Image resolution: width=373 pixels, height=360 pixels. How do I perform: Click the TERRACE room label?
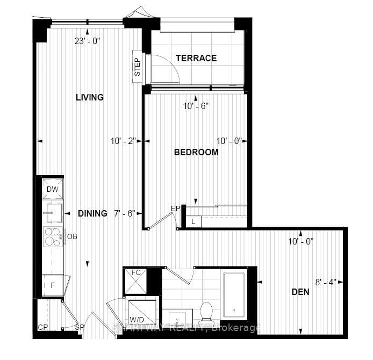coord(196,58)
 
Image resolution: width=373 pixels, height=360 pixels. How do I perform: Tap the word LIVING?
coord(89,97)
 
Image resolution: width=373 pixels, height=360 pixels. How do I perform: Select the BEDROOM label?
coord(196,152)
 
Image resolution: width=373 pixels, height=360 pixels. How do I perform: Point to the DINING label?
coord(92,213)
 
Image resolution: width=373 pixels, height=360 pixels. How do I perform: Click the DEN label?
coord(300,292)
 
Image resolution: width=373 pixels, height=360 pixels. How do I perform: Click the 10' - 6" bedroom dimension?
coord(196,106)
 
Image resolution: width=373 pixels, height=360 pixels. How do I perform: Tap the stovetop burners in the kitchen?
coord(53,236)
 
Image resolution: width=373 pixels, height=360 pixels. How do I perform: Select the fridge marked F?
coord(53,285)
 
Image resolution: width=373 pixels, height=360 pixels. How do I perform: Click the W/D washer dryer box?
coord(142,312)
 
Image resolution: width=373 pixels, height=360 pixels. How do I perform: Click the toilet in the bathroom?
coord(207,312)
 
